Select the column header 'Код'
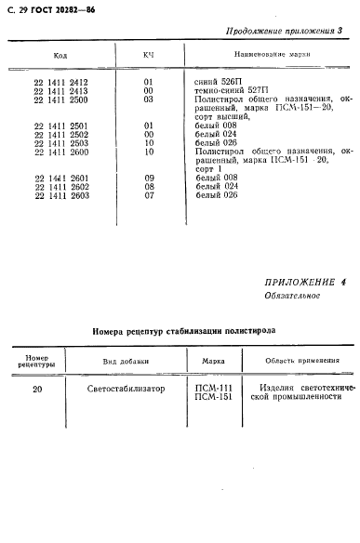tap(60, 56)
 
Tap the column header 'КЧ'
tap(148, 56)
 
